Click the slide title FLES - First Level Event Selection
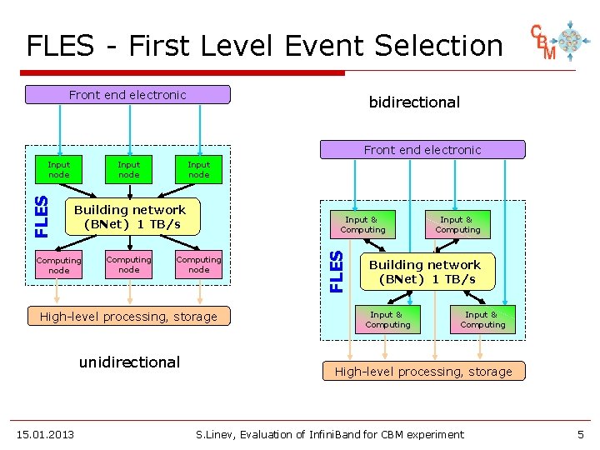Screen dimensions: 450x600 (x=264, y=45)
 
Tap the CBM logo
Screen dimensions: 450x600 (x=555, y=42)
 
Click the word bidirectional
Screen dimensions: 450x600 (x=414, y=102)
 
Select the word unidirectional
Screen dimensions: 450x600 (x=129, y=362)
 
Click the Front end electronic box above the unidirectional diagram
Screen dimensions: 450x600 (x=127, y=95)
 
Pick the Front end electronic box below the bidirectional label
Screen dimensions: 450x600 (x=422, y=150)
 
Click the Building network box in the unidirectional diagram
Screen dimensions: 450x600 (x=130, y=217)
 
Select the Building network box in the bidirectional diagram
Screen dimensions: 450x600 (x=425, y=272)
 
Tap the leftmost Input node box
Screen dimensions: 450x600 (x=59, y=169)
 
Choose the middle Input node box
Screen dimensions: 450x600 (x=129, y=169)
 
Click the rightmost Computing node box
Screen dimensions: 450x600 (x=198, y=264)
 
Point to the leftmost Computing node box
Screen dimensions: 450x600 (x=59, y=265)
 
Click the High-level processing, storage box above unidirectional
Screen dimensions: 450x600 (x=128, y=317)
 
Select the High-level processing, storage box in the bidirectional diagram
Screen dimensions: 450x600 (x=423, y=372)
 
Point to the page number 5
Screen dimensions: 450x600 (x=580, y=434)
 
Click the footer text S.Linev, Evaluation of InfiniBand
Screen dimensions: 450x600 (x=330, y=434)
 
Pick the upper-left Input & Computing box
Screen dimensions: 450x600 (x=363, y=225)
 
